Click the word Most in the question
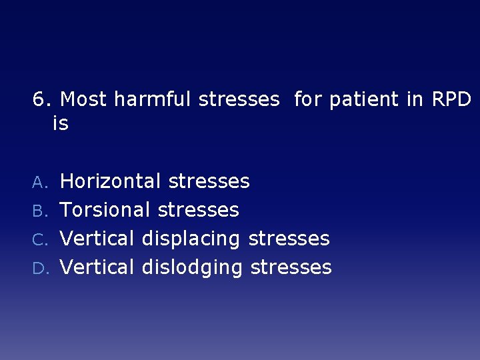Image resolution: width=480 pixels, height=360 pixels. coord(84,100)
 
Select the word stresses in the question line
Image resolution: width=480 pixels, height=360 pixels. coord(239,100)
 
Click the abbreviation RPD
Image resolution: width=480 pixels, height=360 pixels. coord(451,100)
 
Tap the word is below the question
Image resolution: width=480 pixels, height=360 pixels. coord(60,124)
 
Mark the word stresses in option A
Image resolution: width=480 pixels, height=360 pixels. coord(209,181)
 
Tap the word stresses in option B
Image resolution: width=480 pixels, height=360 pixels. coord(198,210)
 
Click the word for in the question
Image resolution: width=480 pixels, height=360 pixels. coord(307,100)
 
